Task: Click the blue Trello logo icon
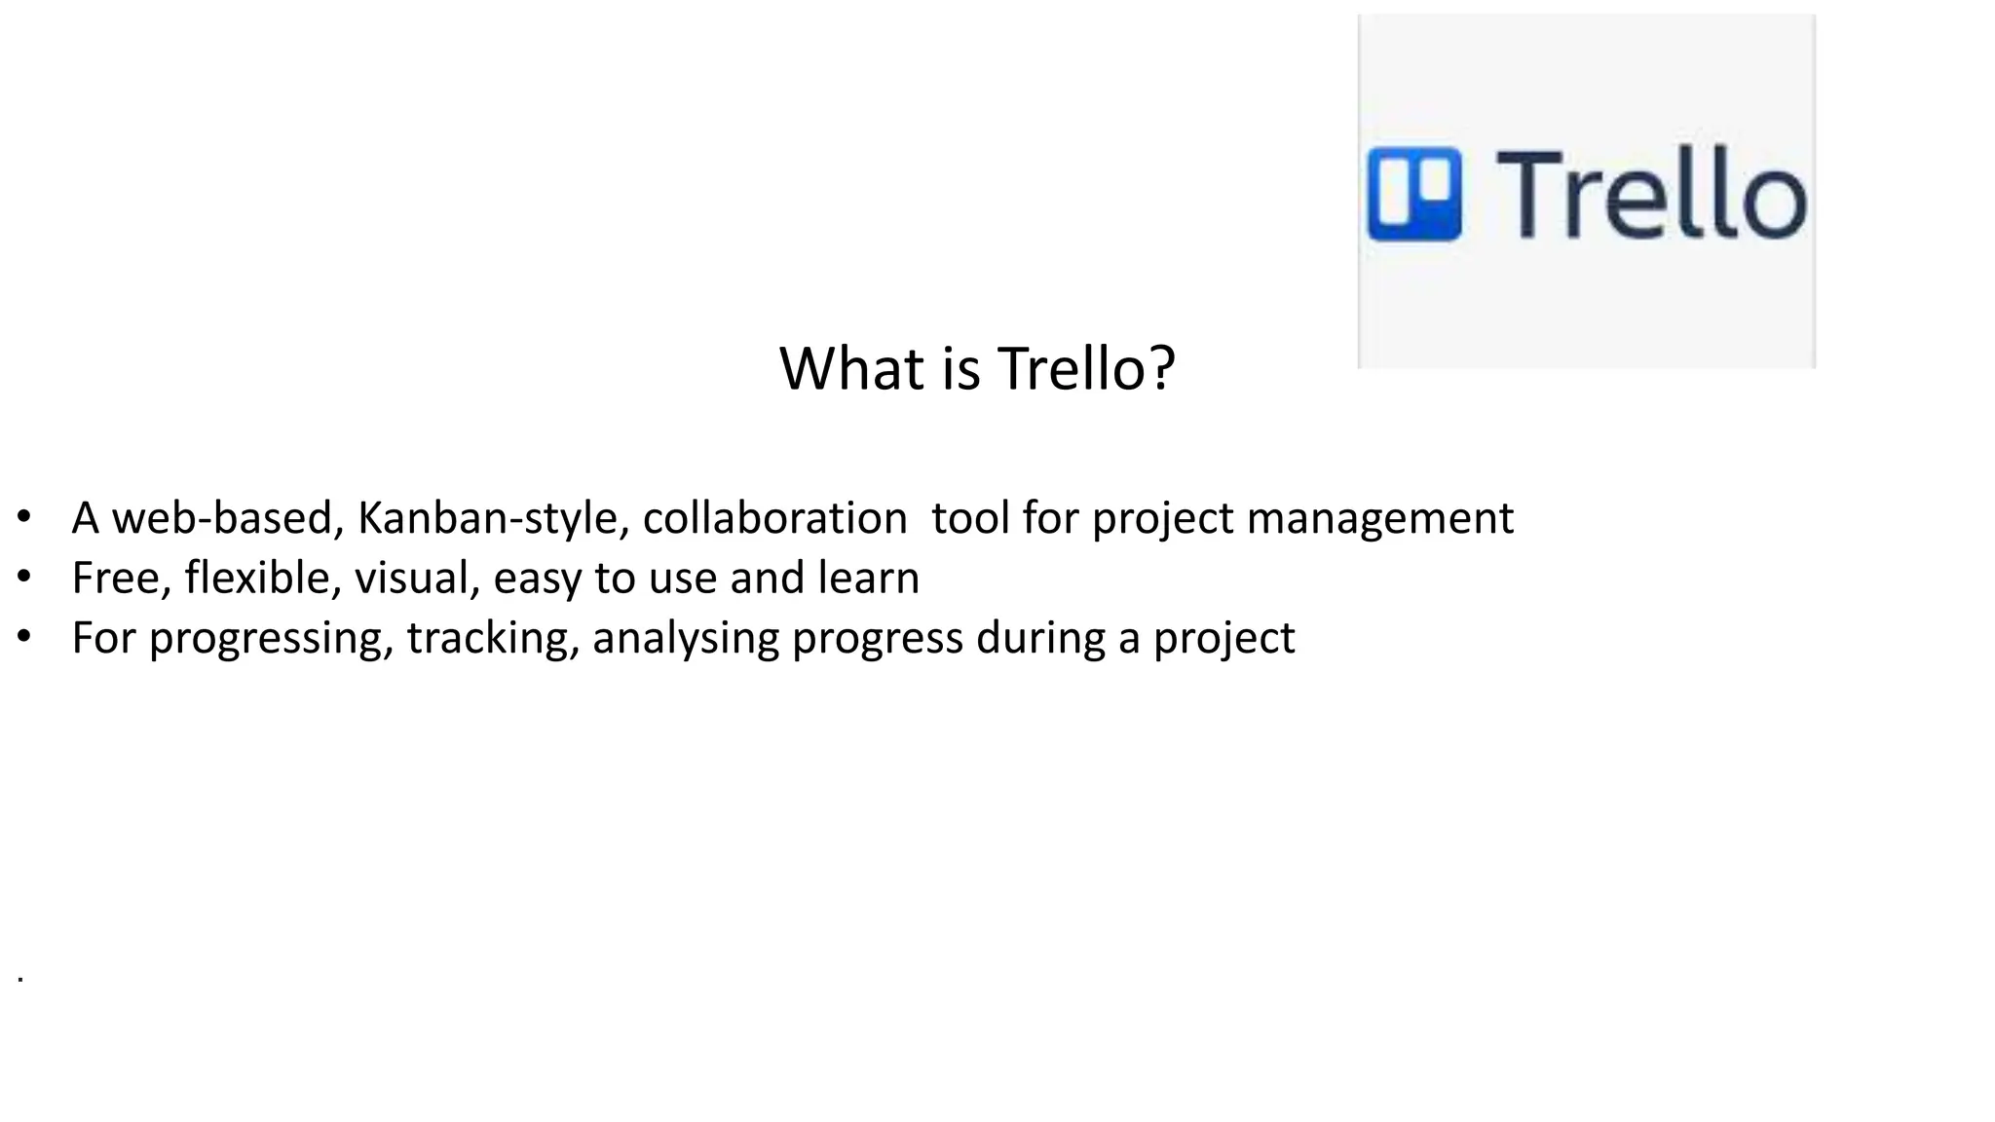pos(1413,193)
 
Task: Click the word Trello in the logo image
pos(1650,195)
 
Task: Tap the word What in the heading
pos(852,369)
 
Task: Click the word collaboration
pos(775,518)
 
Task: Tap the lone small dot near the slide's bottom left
pos(20,978)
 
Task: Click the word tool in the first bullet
pos(969,518)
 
